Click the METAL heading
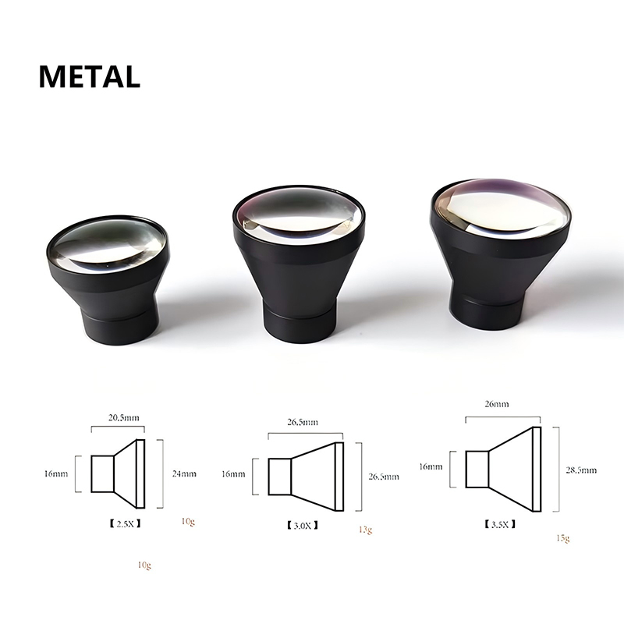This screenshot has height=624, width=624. point(90,76)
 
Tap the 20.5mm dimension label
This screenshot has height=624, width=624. point(124,417)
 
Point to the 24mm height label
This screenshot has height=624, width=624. point(184,473)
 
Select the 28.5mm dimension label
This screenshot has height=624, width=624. point(581,470)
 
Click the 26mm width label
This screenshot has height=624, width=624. point(497,404)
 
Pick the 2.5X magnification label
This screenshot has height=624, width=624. point(125,523)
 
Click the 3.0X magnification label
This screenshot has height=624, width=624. point(303,526)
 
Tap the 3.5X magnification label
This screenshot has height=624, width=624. point(500,524)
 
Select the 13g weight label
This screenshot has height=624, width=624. point(365,530)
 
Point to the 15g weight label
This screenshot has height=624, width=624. point(562,538)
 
